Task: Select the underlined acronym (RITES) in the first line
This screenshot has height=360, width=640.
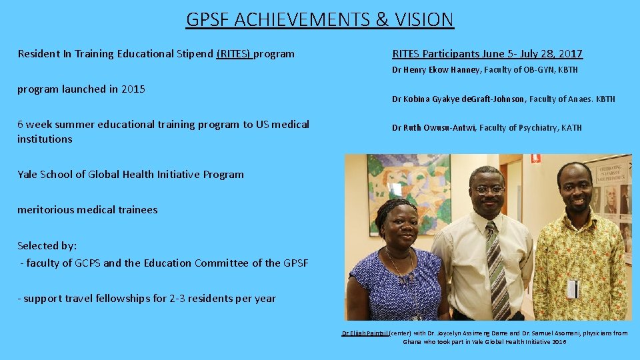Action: pos(234,53)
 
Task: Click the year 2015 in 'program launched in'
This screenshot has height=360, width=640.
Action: pos(133,89)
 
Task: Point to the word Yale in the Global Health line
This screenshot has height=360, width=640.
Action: pos(27,174)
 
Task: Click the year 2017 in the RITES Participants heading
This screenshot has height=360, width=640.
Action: pos(570,53)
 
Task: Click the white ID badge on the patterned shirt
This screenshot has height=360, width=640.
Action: pos(571,288)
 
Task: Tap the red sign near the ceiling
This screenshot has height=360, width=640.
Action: pos(535,159)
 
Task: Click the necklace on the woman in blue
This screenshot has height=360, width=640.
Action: pos(400,267)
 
